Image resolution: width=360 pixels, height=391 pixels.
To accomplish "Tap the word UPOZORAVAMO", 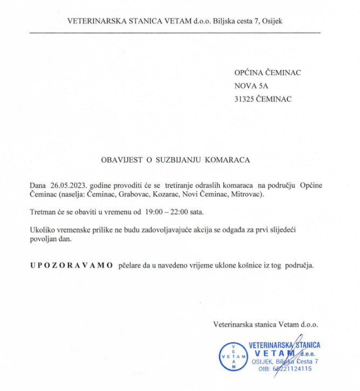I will (72, 265).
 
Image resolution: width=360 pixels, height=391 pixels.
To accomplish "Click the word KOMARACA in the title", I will (227, 160).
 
